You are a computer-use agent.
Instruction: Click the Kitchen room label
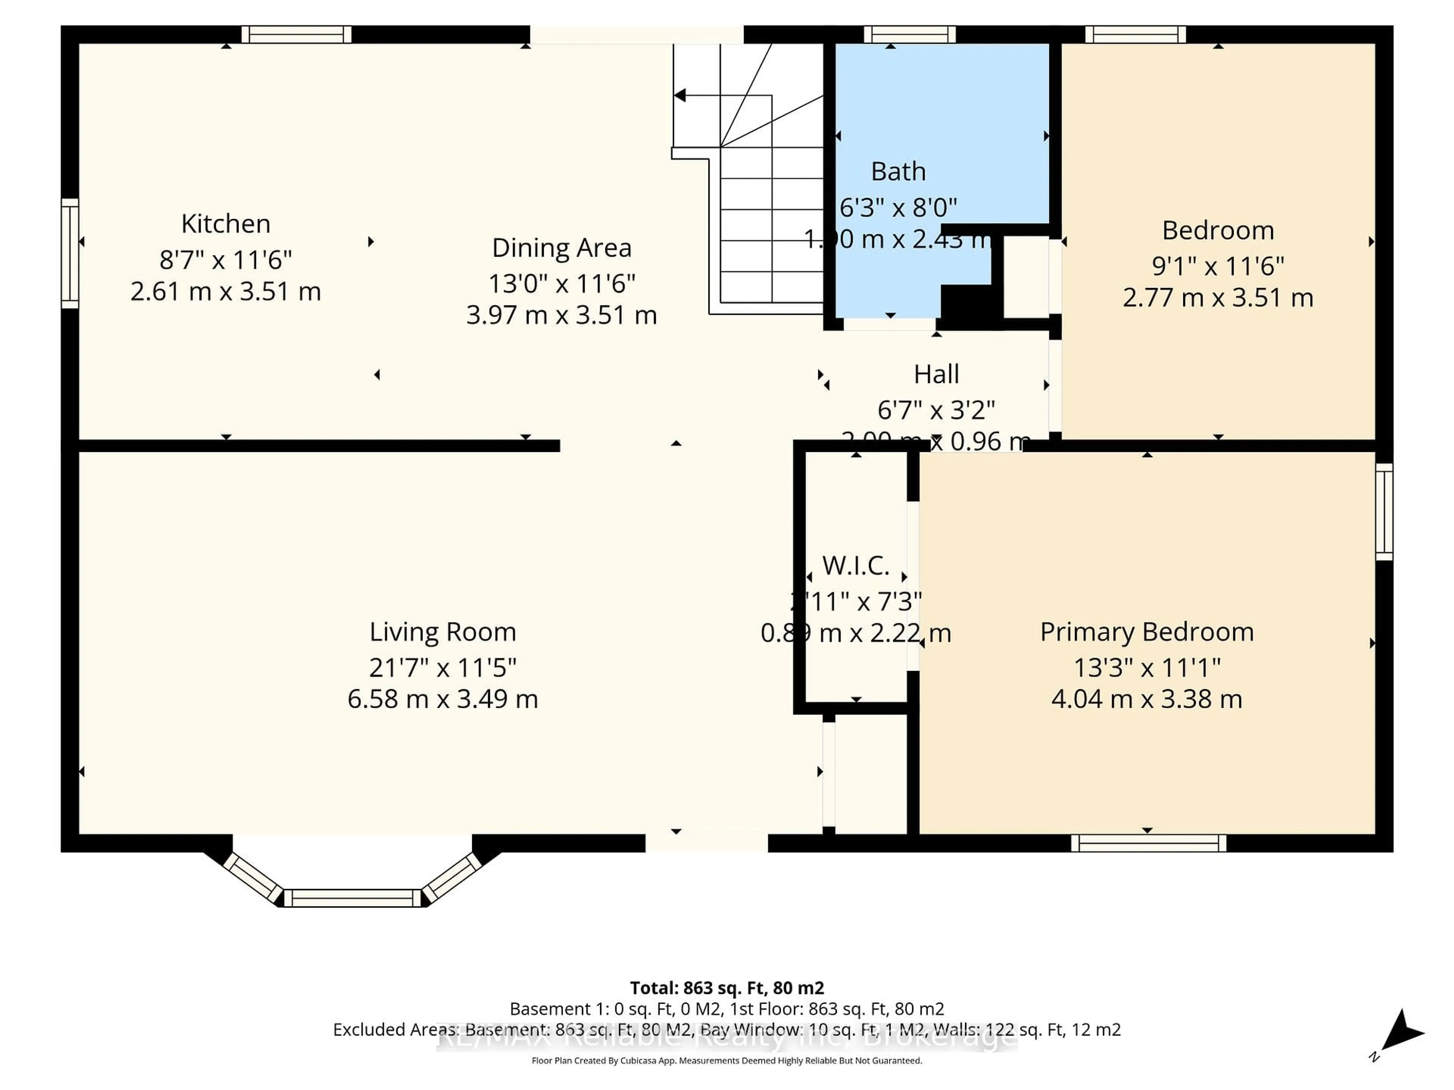[225, 224]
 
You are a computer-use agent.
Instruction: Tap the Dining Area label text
[562, 248]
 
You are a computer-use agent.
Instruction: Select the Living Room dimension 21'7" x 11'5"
[442, 668]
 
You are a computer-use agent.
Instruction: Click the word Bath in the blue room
[898, 171]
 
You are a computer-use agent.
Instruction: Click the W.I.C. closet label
[855, 565]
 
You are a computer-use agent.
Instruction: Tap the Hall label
[936, 374]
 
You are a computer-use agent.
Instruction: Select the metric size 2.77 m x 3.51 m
[1217, 297]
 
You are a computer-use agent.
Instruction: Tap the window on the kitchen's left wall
[70, 254]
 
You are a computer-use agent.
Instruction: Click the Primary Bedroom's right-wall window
[1384, 511]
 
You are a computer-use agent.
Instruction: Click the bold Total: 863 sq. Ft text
[726, 987]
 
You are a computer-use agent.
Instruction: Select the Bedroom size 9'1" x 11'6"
[1217, 266]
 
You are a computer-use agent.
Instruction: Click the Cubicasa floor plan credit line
[726, 1060]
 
